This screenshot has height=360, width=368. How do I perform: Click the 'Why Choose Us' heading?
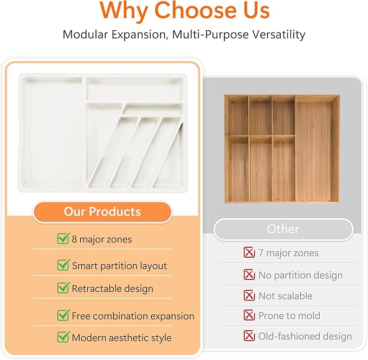(x=184, y=11)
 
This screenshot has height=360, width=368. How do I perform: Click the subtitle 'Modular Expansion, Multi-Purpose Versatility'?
(x=184, y=35)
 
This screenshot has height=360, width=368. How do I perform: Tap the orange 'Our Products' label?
(x=102, y=212)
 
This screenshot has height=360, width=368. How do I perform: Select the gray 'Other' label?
(x=283, y=229)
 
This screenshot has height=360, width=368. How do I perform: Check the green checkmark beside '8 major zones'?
(x=63, y=239)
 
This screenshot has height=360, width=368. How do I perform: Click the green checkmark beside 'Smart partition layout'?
(x=63, y=265)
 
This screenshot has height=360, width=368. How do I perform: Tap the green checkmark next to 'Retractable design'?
(x=63, y=288)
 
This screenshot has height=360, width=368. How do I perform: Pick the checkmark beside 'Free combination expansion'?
(x=63, y=315)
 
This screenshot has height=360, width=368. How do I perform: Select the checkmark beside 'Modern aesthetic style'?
(x=63, y=337)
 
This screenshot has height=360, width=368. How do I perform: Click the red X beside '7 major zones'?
(x=249, y=252)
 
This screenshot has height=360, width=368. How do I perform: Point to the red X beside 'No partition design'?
(x=249, y=275)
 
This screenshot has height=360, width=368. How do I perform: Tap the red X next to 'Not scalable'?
(x=249, y=296)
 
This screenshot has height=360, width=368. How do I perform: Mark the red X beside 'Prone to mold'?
(x=249, y=315)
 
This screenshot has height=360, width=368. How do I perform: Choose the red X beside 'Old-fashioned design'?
(x=249, y=336)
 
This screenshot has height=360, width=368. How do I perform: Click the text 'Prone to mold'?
(x=289, y=316)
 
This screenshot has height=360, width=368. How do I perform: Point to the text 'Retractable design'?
(x=112, y=289)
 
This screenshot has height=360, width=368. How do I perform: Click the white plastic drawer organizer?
(x=103, y=133)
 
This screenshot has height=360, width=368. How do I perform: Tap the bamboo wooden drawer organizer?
(x=282, y=148)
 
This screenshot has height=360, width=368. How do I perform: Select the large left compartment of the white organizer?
(x=51, y=135)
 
